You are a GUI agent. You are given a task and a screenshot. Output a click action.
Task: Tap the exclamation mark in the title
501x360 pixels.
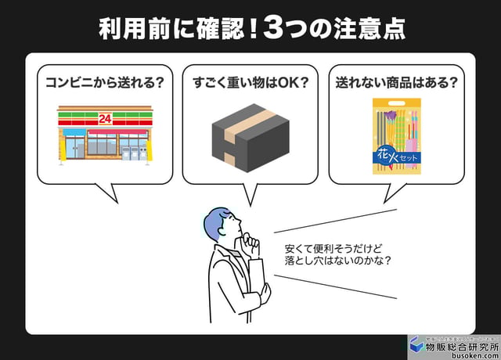click(253, 28)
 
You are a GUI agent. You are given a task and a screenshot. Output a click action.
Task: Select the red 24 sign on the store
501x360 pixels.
click(104, 118)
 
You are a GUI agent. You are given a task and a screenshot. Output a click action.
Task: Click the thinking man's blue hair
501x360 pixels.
click(216, 223)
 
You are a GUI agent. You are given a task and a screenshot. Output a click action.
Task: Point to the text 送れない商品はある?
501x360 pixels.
click(396, 81)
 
